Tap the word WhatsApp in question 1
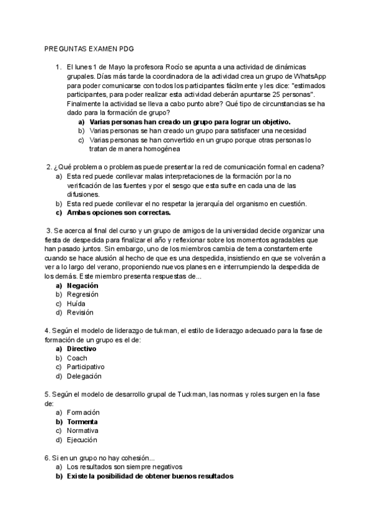click(308, 76)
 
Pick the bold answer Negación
click(82, 285)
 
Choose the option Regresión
click(83, 295)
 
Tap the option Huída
click(77, 303)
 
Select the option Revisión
click(81, 313)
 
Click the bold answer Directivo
click(82, 349)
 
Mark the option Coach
click(77, 358)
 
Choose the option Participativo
click(86, 367)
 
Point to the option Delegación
click(84, 376)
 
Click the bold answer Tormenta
click(83, 421)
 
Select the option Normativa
click(83, 430)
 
